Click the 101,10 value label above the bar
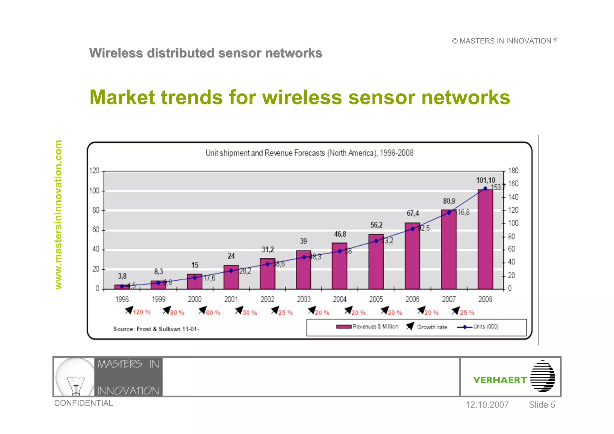486,180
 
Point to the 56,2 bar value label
376,225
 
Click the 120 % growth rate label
142,312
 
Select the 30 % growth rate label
250,313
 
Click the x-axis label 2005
376,299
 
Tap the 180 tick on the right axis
513,171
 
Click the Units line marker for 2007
449,213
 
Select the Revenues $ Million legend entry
368,327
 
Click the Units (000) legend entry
478,327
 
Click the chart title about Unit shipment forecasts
309,153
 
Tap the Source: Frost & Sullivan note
156,329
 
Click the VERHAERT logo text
500,380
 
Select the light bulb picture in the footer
75,377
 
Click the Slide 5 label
542,405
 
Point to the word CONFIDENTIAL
83,403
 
